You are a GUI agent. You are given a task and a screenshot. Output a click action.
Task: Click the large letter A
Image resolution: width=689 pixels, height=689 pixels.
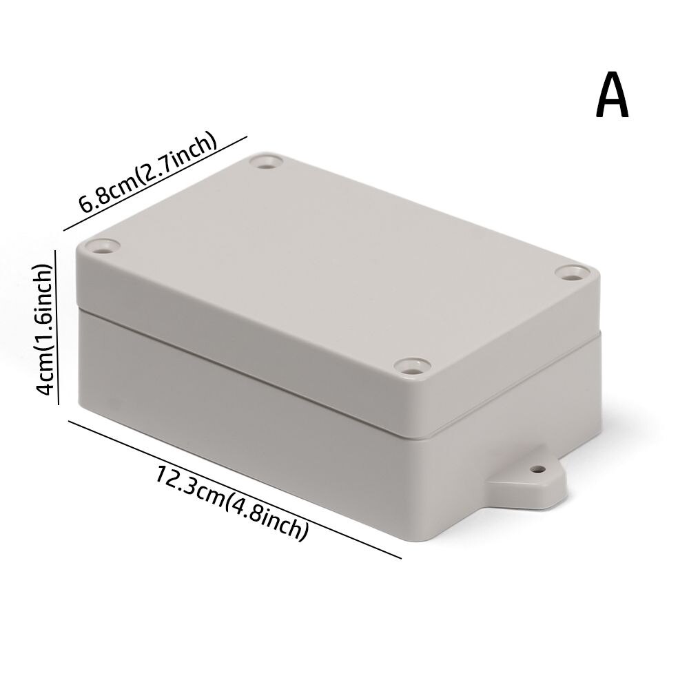click(613, 96)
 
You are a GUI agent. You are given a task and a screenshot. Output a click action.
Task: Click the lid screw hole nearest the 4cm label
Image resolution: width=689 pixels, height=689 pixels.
click(103, 246)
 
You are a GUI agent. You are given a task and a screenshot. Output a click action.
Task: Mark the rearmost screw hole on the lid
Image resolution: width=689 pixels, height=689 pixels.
click(267, 163)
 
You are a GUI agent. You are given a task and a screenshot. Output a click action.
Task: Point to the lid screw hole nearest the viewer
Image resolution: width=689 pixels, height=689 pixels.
click(411, 366)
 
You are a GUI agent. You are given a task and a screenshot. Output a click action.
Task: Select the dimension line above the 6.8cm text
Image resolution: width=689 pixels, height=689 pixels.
click(155, 184)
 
